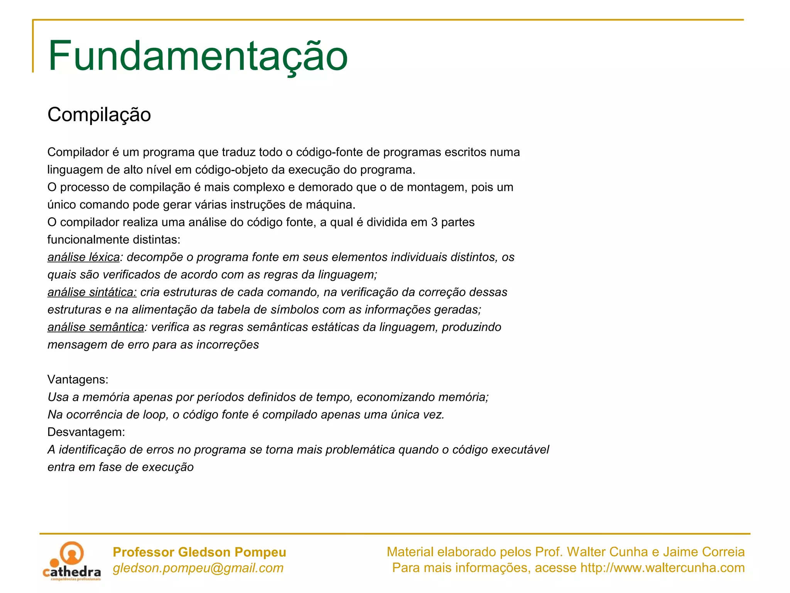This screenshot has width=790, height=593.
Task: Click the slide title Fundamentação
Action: click(x=197, y=56)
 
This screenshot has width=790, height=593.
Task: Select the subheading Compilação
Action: click(x=99, y=115)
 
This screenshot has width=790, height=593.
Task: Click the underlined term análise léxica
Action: click(x=83, y=257)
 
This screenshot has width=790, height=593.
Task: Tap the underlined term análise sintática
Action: click(x=92, y=292)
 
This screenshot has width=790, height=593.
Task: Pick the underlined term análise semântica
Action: click(x=96, y=327)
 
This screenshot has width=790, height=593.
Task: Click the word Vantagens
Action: click(x=78, y=380)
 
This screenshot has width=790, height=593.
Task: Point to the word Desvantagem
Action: click(x=86, y=432)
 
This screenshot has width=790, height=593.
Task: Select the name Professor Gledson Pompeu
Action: click(x=199, y=552)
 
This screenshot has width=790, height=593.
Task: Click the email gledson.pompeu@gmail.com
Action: click(x=198, y=568)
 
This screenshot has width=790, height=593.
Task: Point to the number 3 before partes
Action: click(x=434, y=222)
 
